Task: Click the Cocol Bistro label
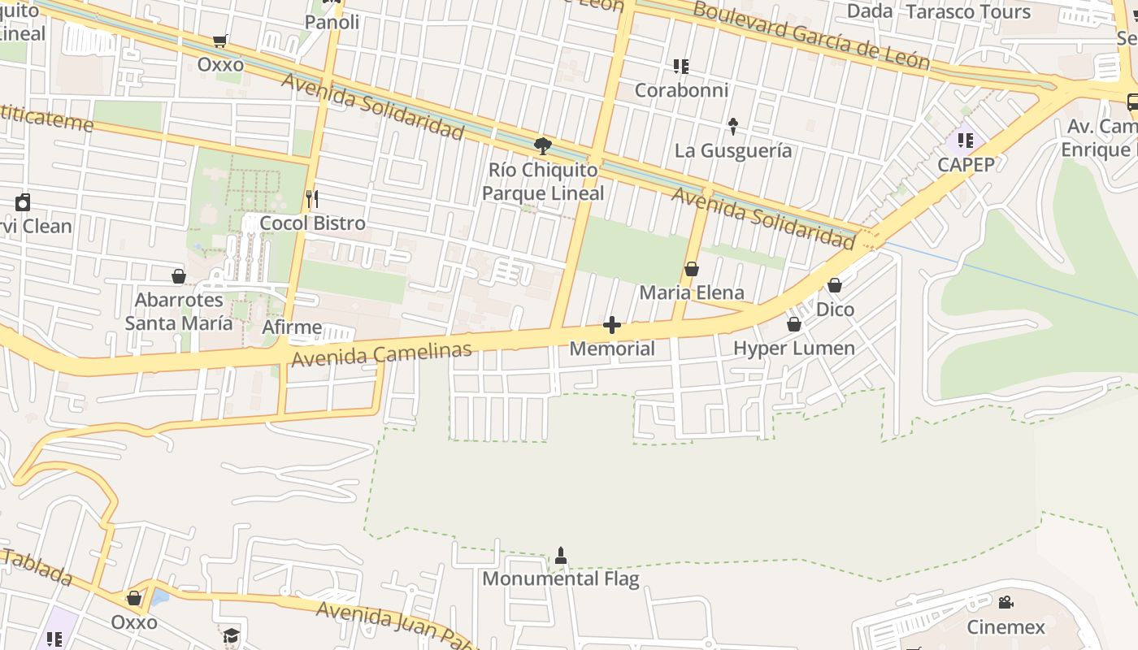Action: coord(313,223)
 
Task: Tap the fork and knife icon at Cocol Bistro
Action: coord(311,197)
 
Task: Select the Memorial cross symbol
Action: coord(612,326)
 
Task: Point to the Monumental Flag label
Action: coord(561,578)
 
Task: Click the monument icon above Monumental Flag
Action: coord(560,556)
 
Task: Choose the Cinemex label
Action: coord(1006,626)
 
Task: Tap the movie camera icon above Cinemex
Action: coord(1006,603)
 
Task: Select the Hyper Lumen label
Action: coord(794,349)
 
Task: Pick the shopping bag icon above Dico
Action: coord(835,285)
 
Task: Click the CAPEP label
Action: coord(966,164)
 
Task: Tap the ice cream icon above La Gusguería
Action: coord(733,126)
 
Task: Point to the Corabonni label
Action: coord(681,89)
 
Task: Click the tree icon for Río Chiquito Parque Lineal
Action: coord(543,146)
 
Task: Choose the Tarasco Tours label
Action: coord(968,11)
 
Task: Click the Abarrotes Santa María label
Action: coord(179,311)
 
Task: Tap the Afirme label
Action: coord(293,328)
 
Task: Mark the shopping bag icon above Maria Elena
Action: coord(692,269)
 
